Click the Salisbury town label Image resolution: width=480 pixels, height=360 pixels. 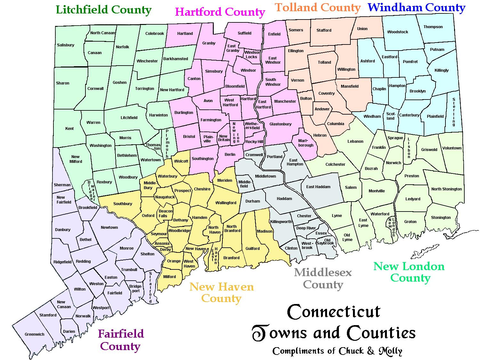click(x=66, y=45)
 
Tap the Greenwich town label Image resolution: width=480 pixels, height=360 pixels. click(x=35, y=334)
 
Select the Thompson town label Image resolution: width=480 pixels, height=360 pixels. click(x=433, y=27)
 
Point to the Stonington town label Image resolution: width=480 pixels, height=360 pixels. click(x=441, y=218)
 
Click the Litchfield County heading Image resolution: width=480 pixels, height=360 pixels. click(x=104, y=10)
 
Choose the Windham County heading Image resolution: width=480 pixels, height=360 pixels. click(x=416, y=7)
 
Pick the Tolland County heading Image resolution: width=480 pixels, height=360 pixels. click(x=318, y=7)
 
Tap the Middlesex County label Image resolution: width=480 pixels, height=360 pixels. click(x=323, y=278)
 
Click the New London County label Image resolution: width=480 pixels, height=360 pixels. click(x=409, y=272)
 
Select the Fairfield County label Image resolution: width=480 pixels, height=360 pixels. click(x=121, y=340)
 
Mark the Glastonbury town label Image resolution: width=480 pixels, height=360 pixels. click(x=280, y=124)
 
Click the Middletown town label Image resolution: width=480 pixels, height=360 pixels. click(x=265, y=176)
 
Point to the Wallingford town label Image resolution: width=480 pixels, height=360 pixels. click(x=226, y=203)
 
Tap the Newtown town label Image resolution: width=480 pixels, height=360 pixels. click(x=109, y=228)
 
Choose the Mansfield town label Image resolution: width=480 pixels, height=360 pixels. click(x=349, y=86)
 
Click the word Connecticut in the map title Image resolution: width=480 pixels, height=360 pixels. click(x=334, y=312)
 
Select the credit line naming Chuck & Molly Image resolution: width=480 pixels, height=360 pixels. click(x=337, y=351)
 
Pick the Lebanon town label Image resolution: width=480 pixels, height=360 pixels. click(x=355, y=141)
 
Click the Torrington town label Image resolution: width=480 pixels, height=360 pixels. click(x=145, y=89)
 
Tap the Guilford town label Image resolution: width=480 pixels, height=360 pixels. click(x=252, y=249)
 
